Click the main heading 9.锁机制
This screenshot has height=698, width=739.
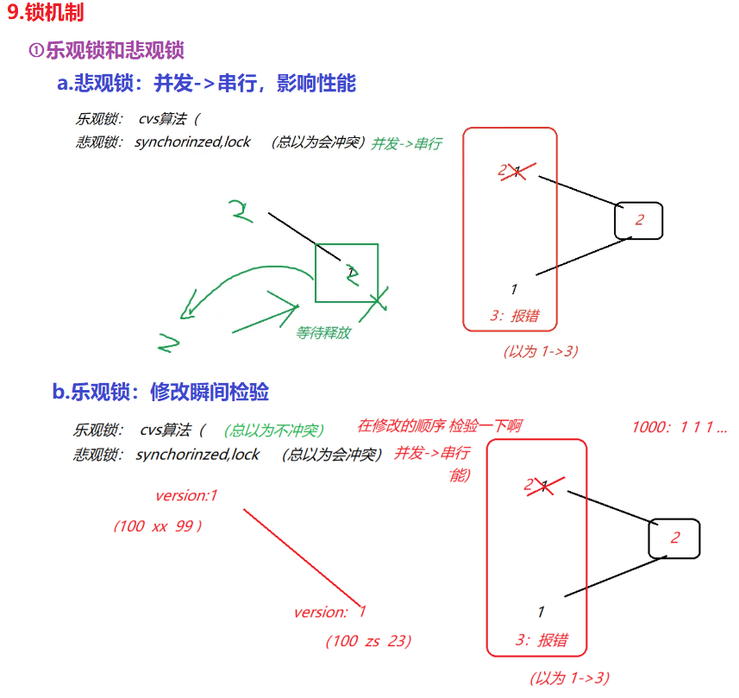(46, 14)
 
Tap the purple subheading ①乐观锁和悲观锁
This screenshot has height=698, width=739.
(108, 50)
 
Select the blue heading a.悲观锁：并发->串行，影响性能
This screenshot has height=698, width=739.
(206, 84)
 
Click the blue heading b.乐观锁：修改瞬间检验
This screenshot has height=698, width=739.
(160, 393)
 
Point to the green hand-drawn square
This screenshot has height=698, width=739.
(346, 273)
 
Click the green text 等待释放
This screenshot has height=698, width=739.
(323, 332)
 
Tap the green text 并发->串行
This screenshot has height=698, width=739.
(406, 144)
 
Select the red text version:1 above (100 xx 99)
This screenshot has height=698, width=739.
(186, 495)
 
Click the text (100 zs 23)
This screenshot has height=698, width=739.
(368, 641)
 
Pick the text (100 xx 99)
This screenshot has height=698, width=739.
(158, 525)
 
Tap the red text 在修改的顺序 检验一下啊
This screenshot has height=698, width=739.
(439, 425)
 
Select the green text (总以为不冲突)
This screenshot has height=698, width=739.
(273, 430)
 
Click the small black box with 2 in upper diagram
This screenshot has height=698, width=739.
(639, 220)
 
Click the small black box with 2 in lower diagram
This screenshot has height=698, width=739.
(674, 538)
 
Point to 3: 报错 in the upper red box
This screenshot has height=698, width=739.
(514, 316)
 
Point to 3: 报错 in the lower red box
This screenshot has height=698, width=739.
(541, 640)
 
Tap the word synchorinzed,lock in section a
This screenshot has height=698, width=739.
(192, 141)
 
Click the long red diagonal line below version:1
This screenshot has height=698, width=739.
(302, 557)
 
